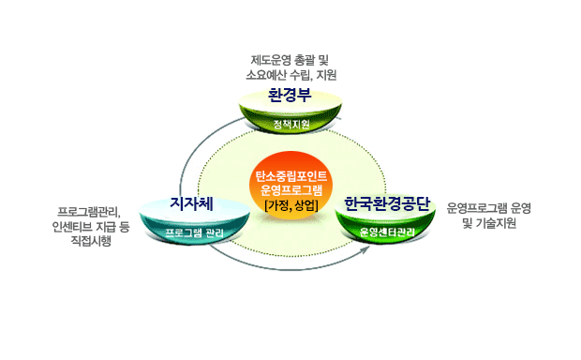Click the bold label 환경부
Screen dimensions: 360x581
pyautogui.click(x=290, y=95)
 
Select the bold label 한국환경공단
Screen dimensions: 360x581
pyautogui.click(x=386, y=202)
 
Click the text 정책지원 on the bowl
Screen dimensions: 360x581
pyautogui.click(x=290, y=124)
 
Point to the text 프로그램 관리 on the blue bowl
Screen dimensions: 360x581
pyautogui.click(x=196, y=232)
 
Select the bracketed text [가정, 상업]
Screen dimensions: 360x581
pyautogui.click(x=290, y=205)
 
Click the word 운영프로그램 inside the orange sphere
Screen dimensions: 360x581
pyautogui.click(x=290, y=190)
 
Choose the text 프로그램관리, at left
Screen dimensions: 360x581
pyautogui.click(x=95, y=209)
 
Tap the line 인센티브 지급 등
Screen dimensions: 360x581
pyautogui.click(x=95, y=225)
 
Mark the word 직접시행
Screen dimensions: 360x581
pyautogui.click(x=95, y=241)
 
